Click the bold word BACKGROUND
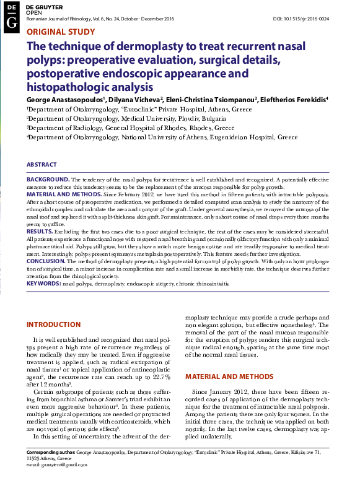(x=48, y=178)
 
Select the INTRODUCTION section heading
(x=54, y=324)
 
